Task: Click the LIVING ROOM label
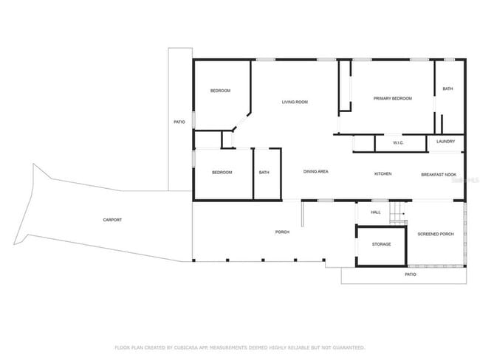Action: tap(295, 102)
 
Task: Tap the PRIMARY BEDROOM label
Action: tap(392, 98)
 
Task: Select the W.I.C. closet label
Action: tap(397, 142)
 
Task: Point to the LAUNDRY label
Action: tap(445, 141)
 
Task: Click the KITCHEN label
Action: tap(383, 173)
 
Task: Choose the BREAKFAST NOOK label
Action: tap(436, 174)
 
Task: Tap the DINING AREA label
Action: tap(316, 172)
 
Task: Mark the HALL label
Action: tap(375, 212)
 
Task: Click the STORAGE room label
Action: tap(381, 244)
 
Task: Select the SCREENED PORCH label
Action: tap(436, 234)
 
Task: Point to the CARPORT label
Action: tap(112, 220)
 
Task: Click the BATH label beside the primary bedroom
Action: tap(448, 89)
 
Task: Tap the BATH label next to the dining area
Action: tap(264, 173)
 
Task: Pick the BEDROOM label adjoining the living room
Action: tap(220, 91)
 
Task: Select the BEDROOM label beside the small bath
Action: tap(222, 173)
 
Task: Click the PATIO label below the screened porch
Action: tap(411, 274)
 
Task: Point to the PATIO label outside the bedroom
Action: tap(179, 121)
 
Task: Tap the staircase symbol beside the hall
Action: tap(398, 212)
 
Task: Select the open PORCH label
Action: tap(282, 232)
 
